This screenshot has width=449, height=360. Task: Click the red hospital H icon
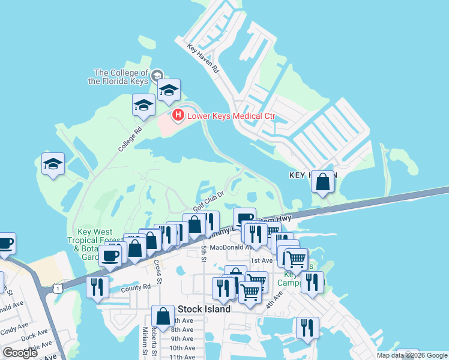(x=178, y=115)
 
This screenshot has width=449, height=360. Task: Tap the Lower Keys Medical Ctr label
(x=231, y=115)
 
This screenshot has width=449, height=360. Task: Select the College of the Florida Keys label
(x=121, y=77)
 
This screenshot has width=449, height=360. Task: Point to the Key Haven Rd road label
(x=203, y=59)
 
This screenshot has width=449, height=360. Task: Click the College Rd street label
(x=130, y=139)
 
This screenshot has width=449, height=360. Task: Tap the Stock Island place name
(x=204, y=310)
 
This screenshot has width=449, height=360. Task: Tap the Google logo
(x=20, y=353)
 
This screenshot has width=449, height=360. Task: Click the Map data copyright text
(x=412, y=355)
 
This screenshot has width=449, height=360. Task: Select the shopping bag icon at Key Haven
(x=323, y=182)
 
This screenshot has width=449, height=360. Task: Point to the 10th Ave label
(x=181, y=348)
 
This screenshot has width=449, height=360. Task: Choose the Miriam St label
(x=145, y=342)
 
